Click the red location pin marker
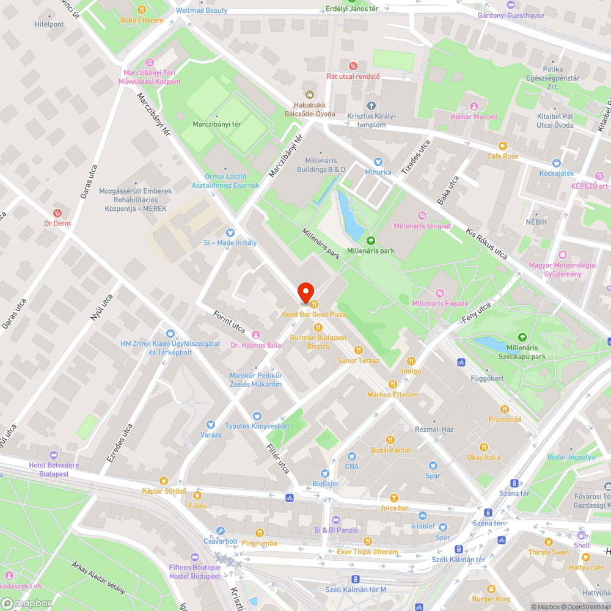305,293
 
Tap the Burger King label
491,599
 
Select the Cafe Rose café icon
503,146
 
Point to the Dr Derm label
57,223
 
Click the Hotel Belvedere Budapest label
53,469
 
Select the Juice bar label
394,508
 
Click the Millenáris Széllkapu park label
522,351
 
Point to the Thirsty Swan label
548,552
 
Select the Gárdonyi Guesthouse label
510,15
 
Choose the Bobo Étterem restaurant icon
142,10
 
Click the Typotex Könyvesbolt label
257,426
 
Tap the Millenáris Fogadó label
439,304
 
